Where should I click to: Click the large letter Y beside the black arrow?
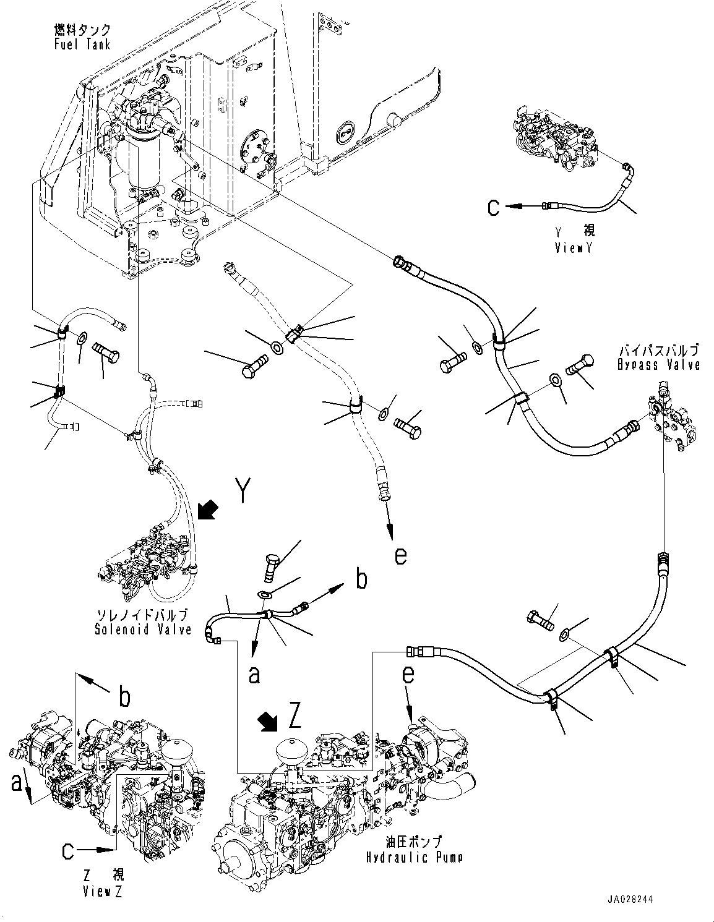(x=243, y=492)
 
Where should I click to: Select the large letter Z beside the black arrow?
(x=295, y=717)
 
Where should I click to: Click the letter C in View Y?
(x=494, y=208)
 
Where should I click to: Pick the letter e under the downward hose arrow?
(x=400, y=555)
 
